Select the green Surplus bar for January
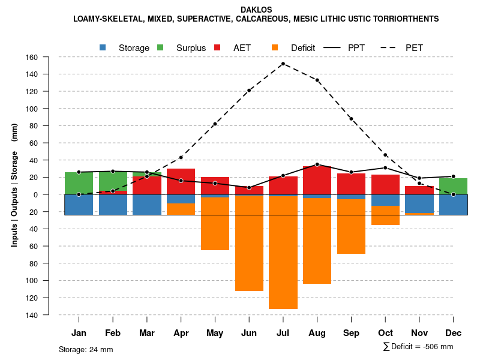coord(79,183)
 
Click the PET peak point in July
coord(283,64)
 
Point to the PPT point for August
coord(317,164)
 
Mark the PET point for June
coord(249,91)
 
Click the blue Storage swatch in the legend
coord(103,47)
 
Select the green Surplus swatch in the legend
coord(160,47)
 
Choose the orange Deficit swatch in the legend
coord(275,47)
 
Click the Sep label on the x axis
coord(351,333)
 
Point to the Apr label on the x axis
coord(181,333)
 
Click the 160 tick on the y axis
coord(32,58)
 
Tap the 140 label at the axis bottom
coord(32,315)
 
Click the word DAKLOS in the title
coord(256,10)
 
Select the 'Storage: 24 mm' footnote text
coord(86,349)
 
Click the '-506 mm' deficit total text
coord(435,347)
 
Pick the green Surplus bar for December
coord(454,186)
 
